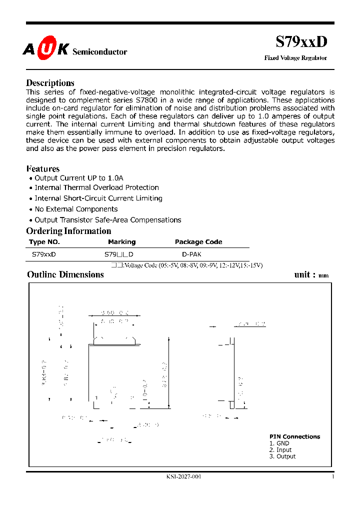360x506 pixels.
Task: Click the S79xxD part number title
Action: [301, 42]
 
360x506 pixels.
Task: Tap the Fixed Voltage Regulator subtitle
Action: [295, 58]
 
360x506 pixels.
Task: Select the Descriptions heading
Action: [50, 83]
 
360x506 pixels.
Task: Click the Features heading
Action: [42, 169]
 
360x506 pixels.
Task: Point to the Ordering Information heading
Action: [68, 231]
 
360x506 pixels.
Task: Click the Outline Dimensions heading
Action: [65, 274]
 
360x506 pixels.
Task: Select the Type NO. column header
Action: [44, 242]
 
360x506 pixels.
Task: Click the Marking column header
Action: [121, 242]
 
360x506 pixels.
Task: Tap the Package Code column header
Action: [198, 242]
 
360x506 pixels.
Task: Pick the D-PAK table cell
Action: [192, 254]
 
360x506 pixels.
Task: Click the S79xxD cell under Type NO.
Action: [44, 254]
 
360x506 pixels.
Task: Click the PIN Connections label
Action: [294, 436]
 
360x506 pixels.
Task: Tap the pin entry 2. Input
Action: [280, 450]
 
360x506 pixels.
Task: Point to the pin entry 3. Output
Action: [282, 456]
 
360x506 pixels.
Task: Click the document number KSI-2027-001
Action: [183, 476]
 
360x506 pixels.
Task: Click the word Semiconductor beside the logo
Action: [100, 52]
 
